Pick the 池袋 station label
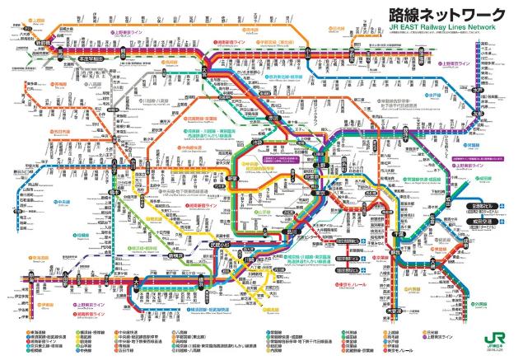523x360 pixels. pos(239,145)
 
